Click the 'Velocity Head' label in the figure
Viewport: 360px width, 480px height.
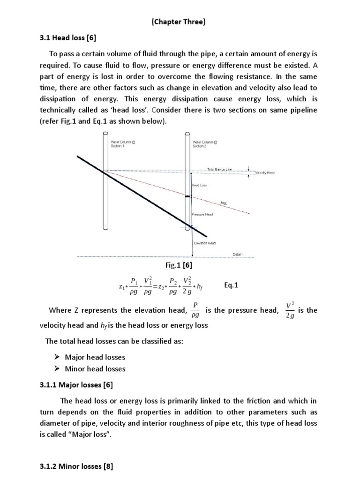click(265, 172)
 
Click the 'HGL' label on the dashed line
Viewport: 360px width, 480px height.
click(223, 203)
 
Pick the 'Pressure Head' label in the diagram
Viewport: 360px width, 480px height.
click(202, 214)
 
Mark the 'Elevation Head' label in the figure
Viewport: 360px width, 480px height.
click(204, 243)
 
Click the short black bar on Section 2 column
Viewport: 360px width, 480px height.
click(188, 197)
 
